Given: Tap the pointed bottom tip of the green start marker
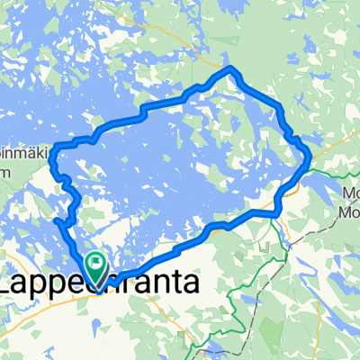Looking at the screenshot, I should (94, 280).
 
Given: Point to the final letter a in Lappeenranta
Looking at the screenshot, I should (193, 284).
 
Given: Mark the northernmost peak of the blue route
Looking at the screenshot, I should (232, 68).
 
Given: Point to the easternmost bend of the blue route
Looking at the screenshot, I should (310, 157).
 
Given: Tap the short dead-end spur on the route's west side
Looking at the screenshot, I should (58, 220).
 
